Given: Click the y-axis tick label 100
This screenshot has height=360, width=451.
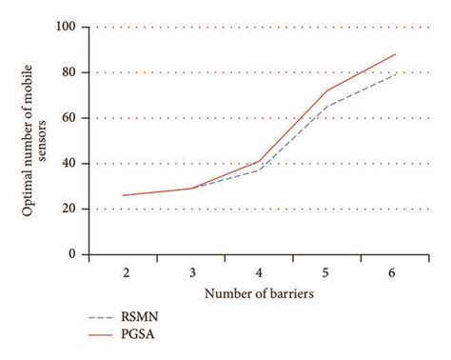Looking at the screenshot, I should pos(67,27).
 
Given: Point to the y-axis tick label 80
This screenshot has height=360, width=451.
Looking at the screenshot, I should pos(69,72).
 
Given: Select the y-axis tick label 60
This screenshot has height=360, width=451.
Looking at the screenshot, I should pos(69,118).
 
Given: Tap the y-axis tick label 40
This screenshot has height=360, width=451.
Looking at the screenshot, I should pos(69,164).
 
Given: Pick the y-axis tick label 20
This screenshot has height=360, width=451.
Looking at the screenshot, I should pos(69,209).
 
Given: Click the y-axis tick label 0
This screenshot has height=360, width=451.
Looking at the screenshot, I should pos(73,254).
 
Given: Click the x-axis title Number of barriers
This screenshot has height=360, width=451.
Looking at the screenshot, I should pos(260,293).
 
